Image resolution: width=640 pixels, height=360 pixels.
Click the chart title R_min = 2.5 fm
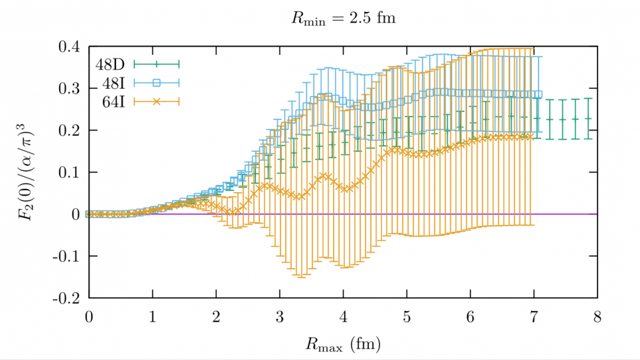pyautogui.click(x=343, y=19)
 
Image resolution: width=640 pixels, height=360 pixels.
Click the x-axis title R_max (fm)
pyautogui.click(x=343, y=344)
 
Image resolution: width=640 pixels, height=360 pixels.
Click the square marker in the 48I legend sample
pyautogui.click(x=157, y=83)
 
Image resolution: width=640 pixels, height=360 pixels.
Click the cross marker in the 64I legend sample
pyautogui.click(x=157, y=101)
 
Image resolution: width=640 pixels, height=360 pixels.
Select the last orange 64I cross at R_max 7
pyautogui.click(x=531, y=137)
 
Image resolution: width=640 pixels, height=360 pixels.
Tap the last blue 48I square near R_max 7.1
pyautogui.click(x=538, y=94)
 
